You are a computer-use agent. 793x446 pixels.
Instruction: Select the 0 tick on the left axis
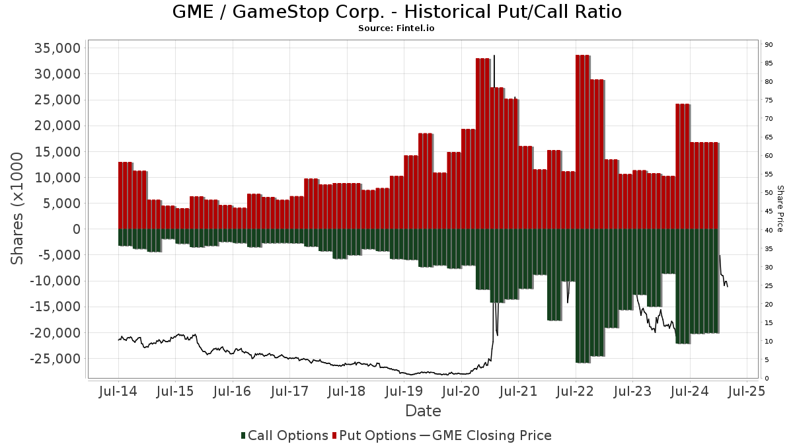click(75, 229)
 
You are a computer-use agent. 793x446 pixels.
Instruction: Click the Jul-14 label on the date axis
click(118, 391)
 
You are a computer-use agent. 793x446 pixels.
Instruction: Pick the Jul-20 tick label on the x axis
click(461, 391)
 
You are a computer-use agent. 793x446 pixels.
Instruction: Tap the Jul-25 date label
click(747, 391)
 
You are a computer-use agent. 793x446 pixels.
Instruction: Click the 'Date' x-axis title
click(423, 411)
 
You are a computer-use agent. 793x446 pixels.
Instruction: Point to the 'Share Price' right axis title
click(780, 208)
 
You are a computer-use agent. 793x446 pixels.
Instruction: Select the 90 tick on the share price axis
click(769, 45)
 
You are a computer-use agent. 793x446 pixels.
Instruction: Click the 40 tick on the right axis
click(769, 230)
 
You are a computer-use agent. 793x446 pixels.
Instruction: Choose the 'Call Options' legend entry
click(284, 435)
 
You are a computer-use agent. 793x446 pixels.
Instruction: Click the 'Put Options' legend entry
click(375, 435)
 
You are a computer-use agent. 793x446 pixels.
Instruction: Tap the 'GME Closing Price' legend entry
click(486, 435)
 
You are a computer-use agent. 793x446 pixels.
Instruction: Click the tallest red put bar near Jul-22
click(583, 142)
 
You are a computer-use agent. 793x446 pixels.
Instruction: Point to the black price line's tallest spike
click(494, 57)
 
